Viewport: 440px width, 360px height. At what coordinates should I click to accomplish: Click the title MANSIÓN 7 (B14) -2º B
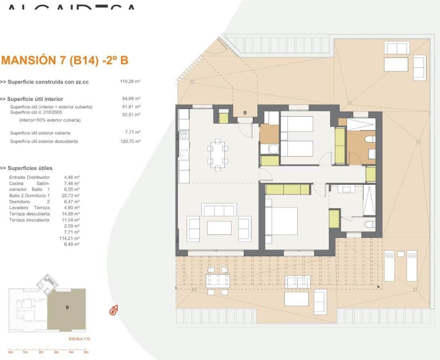pos(65,61)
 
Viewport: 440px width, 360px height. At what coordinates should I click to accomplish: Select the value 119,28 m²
pos(130,81)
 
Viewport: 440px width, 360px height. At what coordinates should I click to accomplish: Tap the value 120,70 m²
pos(130,141)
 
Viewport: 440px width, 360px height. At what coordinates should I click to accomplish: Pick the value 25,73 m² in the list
pos(72,196)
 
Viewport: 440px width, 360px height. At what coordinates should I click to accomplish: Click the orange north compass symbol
pos(114,310)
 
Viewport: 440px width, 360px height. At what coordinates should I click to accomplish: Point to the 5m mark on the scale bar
pos(86,352)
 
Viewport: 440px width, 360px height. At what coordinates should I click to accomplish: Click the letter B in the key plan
pos(67,307)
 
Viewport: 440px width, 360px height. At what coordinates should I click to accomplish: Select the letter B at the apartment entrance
pos(245,113)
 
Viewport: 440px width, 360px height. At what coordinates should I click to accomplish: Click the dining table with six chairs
pos(217,154)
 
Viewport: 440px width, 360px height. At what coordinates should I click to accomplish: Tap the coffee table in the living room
pos(219,228)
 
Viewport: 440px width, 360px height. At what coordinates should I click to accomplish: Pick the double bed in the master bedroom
pos(282,221)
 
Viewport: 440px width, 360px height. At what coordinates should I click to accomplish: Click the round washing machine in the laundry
pos(274,149)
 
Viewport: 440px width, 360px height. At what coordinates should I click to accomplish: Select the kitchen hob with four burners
pos(184,135)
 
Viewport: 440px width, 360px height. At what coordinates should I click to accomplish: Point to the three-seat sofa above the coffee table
pos(219,210)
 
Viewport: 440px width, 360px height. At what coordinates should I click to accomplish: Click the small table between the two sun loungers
pos(401,253)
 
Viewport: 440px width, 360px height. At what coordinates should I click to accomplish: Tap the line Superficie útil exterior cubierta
pos(40,133)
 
